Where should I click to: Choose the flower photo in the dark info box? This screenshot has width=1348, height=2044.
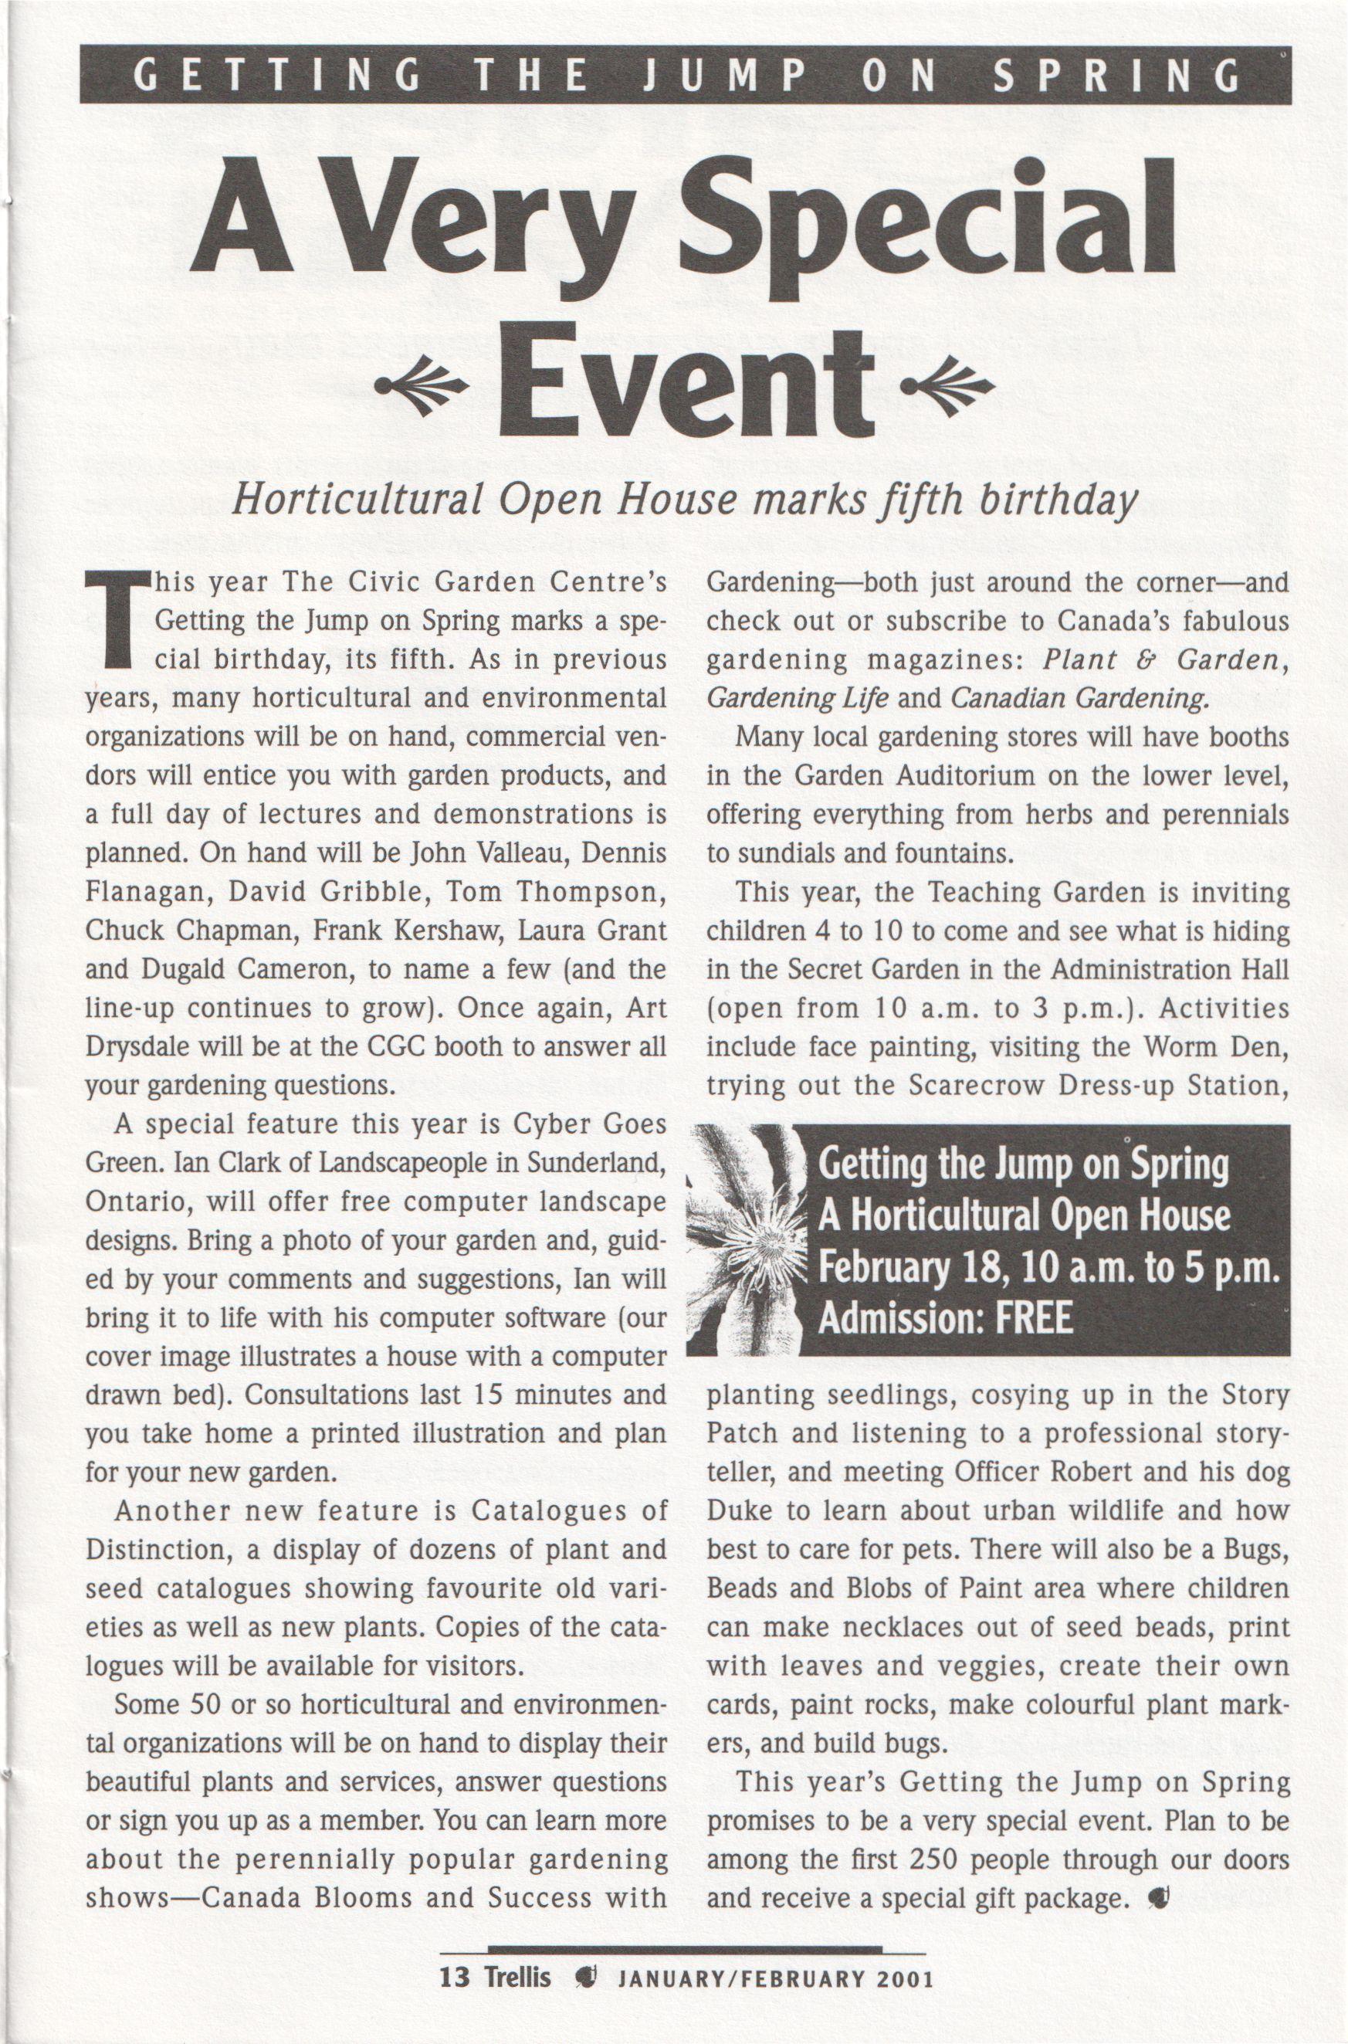(x=747, y=1239)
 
